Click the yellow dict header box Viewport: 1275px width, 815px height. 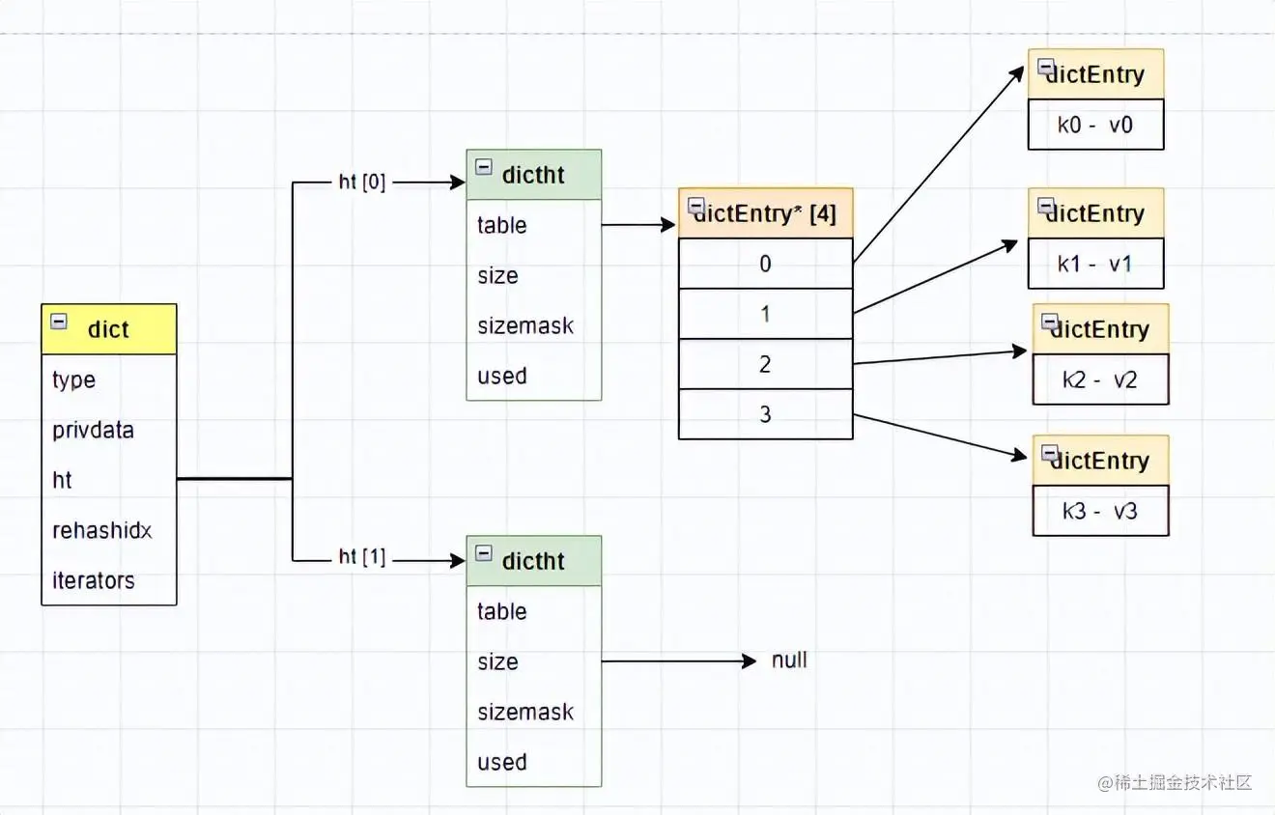(x=109, y=329)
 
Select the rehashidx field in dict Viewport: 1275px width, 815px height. (x=102, y=530)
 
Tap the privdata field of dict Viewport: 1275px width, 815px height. (x=93, y=430)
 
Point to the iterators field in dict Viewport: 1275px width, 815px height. (x=94, y=580)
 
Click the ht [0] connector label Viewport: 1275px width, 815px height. (x=362, y=183)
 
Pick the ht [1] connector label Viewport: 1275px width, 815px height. (x=362, y=557)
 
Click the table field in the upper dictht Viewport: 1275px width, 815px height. (x=502, y=225)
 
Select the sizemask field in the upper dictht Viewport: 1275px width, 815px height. (x=525, y=325)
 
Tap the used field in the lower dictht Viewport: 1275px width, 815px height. (x=502, y=762)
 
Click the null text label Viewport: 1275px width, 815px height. (x=789, y=660)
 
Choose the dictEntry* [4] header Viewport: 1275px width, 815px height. (x=766, y=213)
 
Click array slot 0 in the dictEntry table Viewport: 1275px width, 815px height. (x=765, y=264)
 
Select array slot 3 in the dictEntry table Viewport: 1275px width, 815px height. (x=765, y=414)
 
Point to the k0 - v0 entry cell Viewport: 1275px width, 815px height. (x=1095, y=125)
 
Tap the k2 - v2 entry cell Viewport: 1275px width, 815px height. (x=1100, y=379)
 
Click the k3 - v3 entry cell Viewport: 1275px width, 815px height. (x=1100, y=511)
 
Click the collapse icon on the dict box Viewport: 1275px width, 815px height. (x=59, y=322)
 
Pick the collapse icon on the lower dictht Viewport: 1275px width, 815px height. (x=484, y=553)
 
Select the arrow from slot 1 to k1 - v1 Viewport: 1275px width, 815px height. (x=935, y=277)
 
